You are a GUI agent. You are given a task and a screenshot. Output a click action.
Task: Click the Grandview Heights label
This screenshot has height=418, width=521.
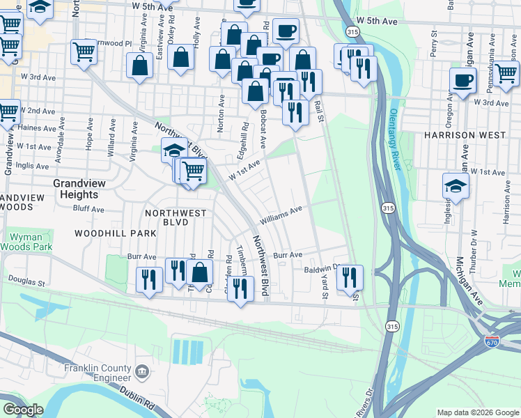click(79, 189)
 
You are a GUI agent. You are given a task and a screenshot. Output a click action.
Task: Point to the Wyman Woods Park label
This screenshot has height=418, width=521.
click(26, 242)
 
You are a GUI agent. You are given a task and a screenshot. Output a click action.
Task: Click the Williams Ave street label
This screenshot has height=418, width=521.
click(281, 215)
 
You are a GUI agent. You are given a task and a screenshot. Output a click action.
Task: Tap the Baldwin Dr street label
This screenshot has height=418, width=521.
click(320, 268)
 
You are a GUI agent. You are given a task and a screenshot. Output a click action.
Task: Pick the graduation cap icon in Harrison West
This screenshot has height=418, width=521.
click(456, 185)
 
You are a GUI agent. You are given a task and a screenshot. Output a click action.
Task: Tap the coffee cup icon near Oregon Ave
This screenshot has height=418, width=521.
click(462, 80)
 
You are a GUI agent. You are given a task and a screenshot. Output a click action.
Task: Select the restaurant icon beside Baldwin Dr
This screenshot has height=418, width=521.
click(350, 277)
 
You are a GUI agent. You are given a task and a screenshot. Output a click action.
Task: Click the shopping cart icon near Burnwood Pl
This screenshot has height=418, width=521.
click(84, 51)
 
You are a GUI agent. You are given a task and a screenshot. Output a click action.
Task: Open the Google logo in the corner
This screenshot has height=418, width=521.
click(22, 410)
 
